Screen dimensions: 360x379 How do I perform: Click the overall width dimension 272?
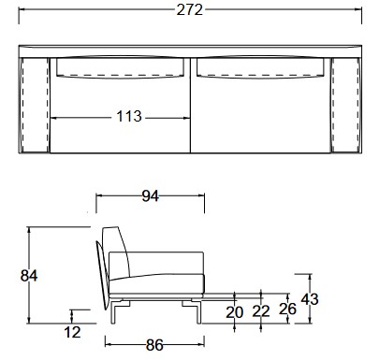(x=190, y=10)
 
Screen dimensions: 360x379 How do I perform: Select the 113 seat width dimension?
(x=128, y=117)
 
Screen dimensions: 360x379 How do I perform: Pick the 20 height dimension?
(x=234, y=312)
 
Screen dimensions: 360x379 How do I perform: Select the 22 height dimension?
(x=261, y=312)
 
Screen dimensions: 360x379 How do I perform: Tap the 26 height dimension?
(x=287, y=308)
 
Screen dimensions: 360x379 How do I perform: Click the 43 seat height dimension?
(x=312, y=300)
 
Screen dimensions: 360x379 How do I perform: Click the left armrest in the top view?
(x=36, y=103)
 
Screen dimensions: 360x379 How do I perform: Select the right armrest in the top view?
(x=344, y=103)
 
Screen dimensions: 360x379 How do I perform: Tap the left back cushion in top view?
(x=121, y=67)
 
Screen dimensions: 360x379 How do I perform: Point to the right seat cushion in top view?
(x=260, y=117)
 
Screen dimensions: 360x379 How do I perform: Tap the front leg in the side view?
(x=197, y=310)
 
